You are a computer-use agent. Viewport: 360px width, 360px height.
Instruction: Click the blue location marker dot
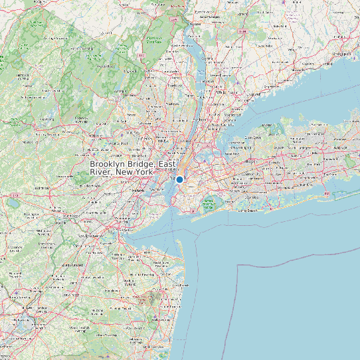[179, 179]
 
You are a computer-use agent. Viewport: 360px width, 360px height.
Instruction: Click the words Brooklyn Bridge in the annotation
[122, 164]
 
